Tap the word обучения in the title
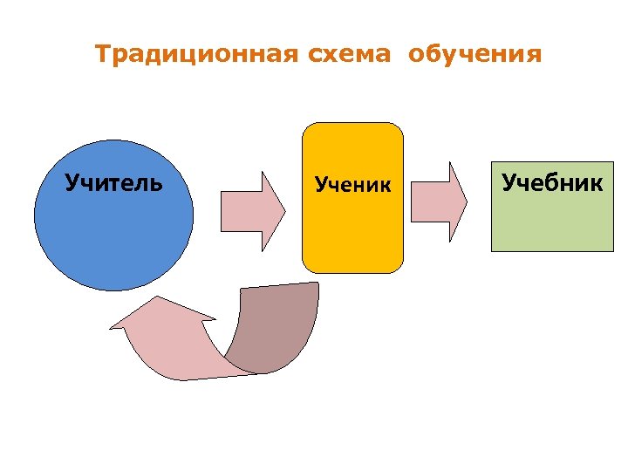pos(474,56)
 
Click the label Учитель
pos(113,183)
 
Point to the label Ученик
pos(353,184)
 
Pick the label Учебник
pos(551,182)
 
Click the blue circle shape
pos(113,235)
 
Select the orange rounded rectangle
pos(353,227)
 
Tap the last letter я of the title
pos(533,56)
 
